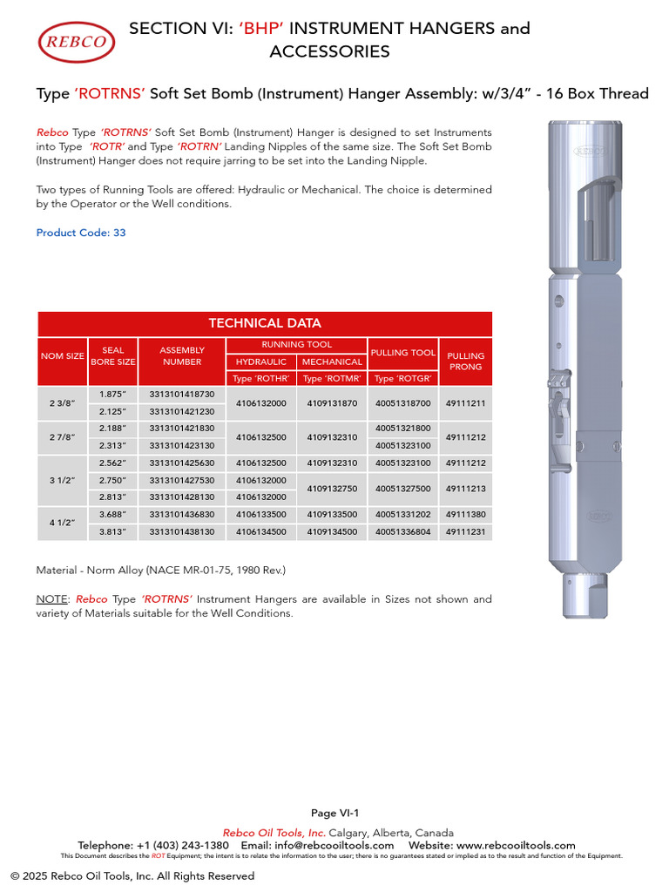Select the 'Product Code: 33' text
pos(81,233)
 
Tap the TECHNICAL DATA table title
pos(264,323)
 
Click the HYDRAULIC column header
pos(261,362)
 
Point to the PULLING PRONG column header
pos(466,361)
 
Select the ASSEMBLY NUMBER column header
pos(182,355)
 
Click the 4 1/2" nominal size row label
pos(61,523)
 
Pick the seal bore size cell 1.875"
pos(113,394)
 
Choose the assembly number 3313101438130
pos(182,531)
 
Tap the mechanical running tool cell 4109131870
pos(332,403)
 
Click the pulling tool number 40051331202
pos(403,515)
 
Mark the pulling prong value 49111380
pos(466,515)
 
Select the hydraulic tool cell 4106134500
pos(261,531)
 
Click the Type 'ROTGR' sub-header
pos(403,378)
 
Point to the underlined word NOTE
pos(51,599)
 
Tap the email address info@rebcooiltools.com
pos(333,845)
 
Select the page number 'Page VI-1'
pos(334,813)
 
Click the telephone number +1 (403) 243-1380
pos(182,845)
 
